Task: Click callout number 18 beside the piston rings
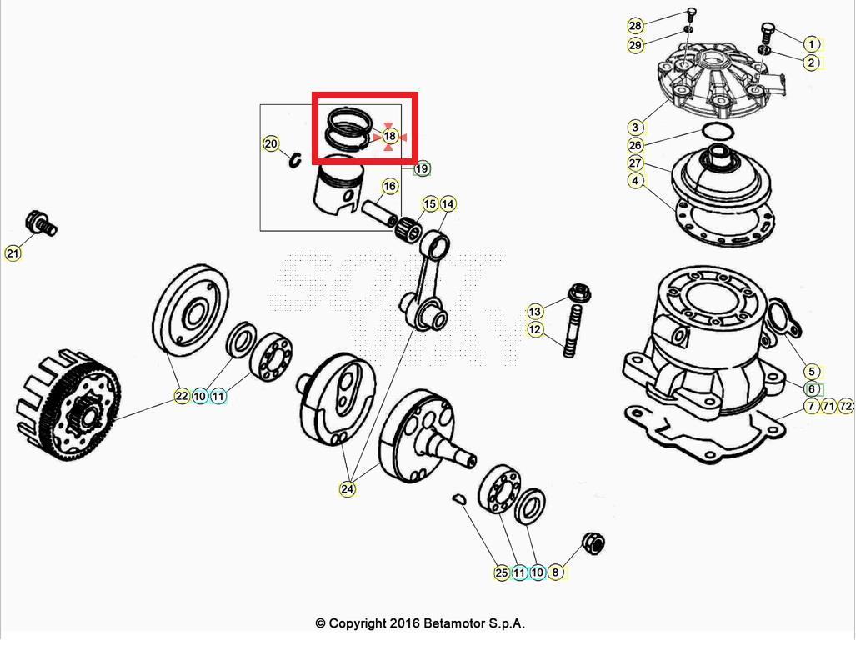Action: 389,136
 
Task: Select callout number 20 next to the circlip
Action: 271,143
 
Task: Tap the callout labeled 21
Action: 13,253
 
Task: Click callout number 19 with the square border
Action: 422,168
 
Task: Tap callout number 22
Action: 182,397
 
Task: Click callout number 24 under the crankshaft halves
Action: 347,489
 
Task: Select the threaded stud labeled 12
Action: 570,334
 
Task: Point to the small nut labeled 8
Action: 593,543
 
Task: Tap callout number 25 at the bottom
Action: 501,573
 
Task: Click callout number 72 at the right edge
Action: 845,406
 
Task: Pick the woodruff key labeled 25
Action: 456,498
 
